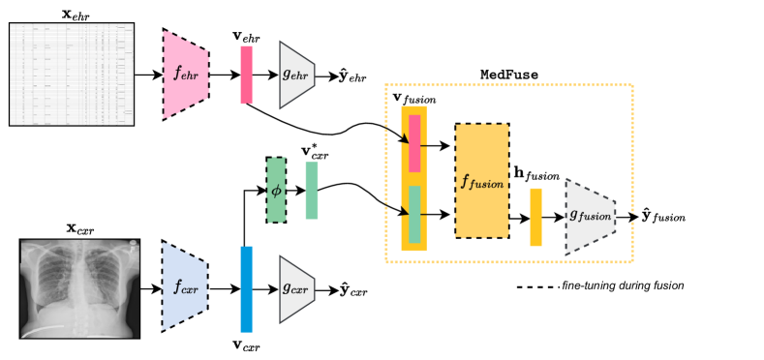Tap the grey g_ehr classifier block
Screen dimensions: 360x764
(x=297, y=74)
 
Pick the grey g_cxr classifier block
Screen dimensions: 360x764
(x=297, y=288)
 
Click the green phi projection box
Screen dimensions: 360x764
(x=276, y=190)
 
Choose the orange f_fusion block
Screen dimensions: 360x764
(x=481, y=181)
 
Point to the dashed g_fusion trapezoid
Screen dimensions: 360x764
(x=590, y=216)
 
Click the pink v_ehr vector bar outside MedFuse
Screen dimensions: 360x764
(x=246, y=75)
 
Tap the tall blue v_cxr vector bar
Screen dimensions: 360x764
(x=246, y=288)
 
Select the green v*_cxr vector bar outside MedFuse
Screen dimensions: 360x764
(x=311, y=190)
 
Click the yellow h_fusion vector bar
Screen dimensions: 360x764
(x=535, y=217)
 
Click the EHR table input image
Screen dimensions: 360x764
(x=70, y=74)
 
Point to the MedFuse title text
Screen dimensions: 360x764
(x=509, y=75)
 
